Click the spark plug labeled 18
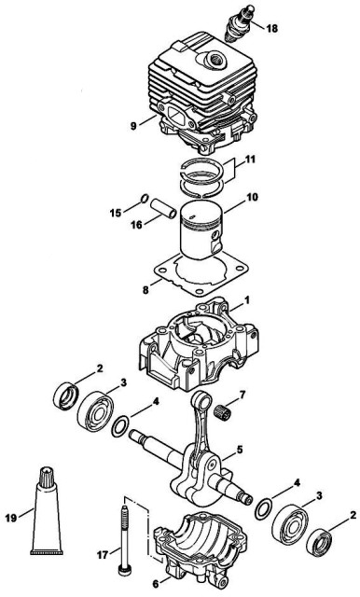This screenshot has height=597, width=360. pyautogui.click(x=240, y=23)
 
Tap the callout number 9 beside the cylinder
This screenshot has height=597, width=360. pyautogui.click(x=133, y=126)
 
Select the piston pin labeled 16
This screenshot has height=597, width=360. pyautogui.click(x=163, y=209)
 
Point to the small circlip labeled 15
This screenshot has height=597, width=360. pyautogui.click(x=145, y=198)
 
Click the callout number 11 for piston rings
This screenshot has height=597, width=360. pyautogui.click(x=249, y=159)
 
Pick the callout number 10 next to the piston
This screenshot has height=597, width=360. pyautogui.click(x=252, y=197)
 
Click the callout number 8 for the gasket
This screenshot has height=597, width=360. pyautogui.click(x=145, y=290)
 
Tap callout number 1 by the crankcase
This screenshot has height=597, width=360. pyautogui.click(x=247, y=300)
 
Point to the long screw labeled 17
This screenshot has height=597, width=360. pyautogui.click(x=125, y=539)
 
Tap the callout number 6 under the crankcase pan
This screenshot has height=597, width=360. pyautogui.click(x=155, y=584)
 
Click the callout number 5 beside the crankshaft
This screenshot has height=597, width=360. pyautogui.click(x=240, y=450)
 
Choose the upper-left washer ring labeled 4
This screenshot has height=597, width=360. pyautogui.click(x=120, y=427)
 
